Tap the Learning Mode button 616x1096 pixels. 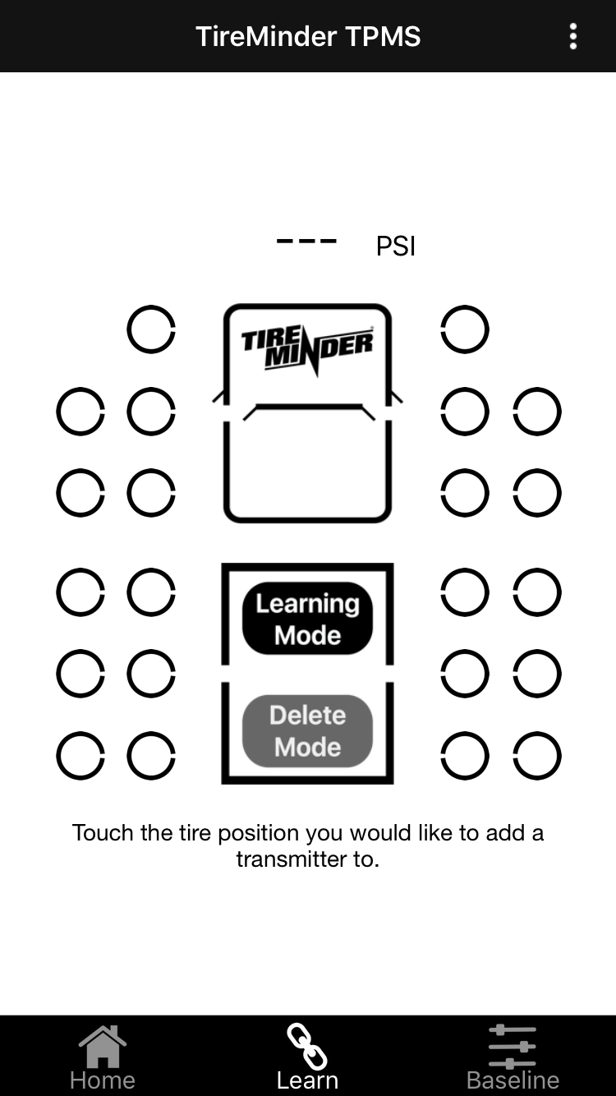[307, 619]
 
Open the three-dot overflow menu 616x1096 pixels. [572, 36]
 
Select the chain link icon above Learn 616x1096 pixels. [307, 1046]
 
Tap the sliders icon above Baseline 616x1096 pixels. [513, 1046]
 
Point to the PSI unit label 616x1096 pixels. [396, 246]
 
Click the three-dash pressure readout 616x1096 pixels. [306, 242]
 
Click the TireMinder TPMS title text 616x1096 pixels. [308, 36]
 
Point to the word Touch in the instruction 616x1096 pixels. [103, 832]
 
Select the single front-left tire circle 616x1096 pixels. [151, 329]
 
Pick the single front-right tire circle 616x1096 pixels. [465, 329]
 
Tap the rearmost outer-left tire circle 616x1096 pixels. [80, 756]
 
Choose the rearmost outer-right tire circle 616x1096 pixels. [537, 756]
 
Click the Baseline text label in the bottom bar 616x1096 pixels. [513, 1080]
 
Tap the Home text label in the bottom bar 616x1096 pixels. [103, 1080]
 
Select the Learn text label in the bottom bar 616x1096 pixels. [307, 1080]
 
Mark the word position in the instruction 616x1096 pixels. [261, 832]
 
